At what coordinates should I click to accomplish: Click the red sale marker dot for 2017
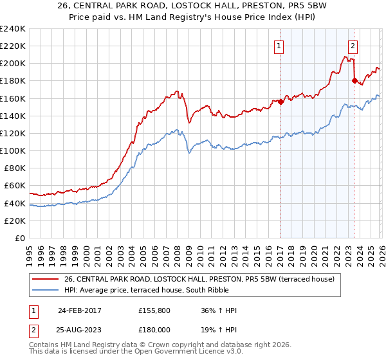point(280,102)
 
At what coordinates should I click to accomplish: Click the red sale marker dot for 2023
point(354,80)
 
